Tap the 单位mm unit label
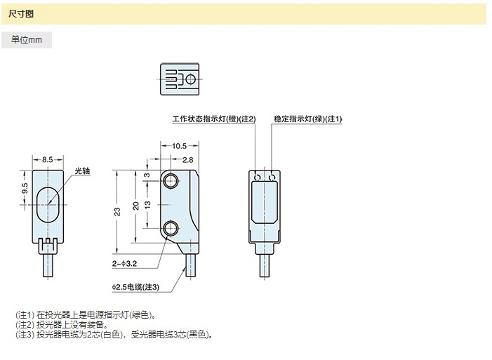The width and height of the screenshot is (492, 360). point(27,40)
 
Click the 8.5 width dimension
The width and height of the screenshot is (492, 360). point(47,159)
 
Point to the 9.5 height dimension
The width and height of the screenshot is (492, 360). point(25,188)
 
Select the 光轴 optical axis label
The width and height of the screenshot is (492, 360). point(83,171)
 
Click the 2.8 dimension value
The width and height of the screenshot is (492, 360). point(188,160)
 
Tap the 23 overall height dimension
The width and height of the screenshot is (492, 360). point(117,211)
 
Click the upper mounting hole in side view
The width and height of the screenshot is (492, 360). point(171,182)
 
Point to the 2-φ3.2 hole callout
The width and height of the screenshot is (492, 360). point(125,265)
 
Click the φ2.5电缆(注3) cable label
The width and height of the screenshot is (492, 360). point(135,287)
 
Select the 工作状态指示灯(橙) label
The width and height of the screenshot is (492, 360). point(213,119)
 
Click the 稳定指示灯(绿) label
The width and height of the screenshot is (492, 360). point(307,119)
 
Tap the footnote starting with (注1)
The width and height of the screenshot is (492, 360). point(86,314)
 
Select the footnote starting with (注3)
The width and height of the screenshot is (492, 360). point(114,335)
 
